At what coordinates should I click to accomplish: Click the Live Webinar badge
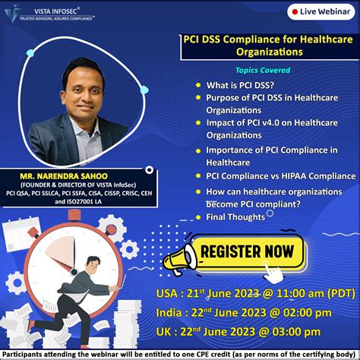(319, 13)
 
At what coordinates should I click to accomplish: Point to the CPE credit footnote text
(180, 354)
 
